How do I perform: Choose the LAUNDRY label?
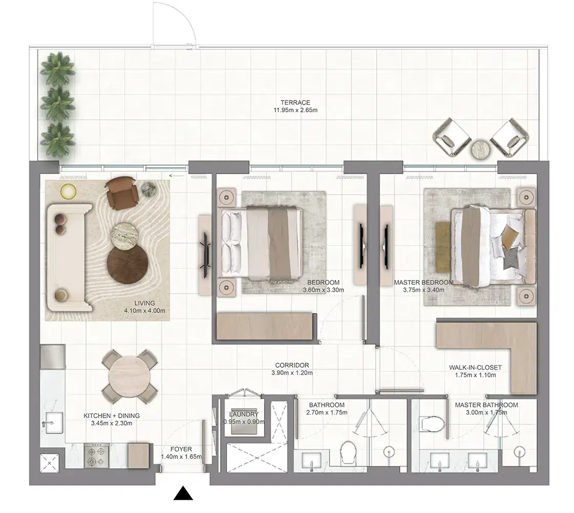pyautogui.click(x=244, y=414)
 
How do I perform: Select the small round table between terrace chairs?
pyautogui.click(x=481, y=149)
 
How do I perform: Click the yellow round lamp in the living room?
pyautogui.click(x=68, y=191)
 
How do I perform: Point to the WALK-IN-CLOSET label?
pyautogui.click(x=475, y=367)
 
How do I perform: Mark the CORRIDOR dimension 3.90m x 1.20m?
pyautogui.click(x=291, y=373)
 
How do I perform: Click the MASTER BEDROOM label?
pyautogui.click(x=423, y=283)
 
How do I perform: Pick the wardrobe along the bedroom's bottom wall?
pyautogui.click(x=264, y=325)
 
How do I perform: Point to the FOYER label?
pyautogui.click(x=181, y=449)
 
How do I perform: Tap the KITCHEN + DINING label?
pyautogui.click(x=112, y=416)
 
